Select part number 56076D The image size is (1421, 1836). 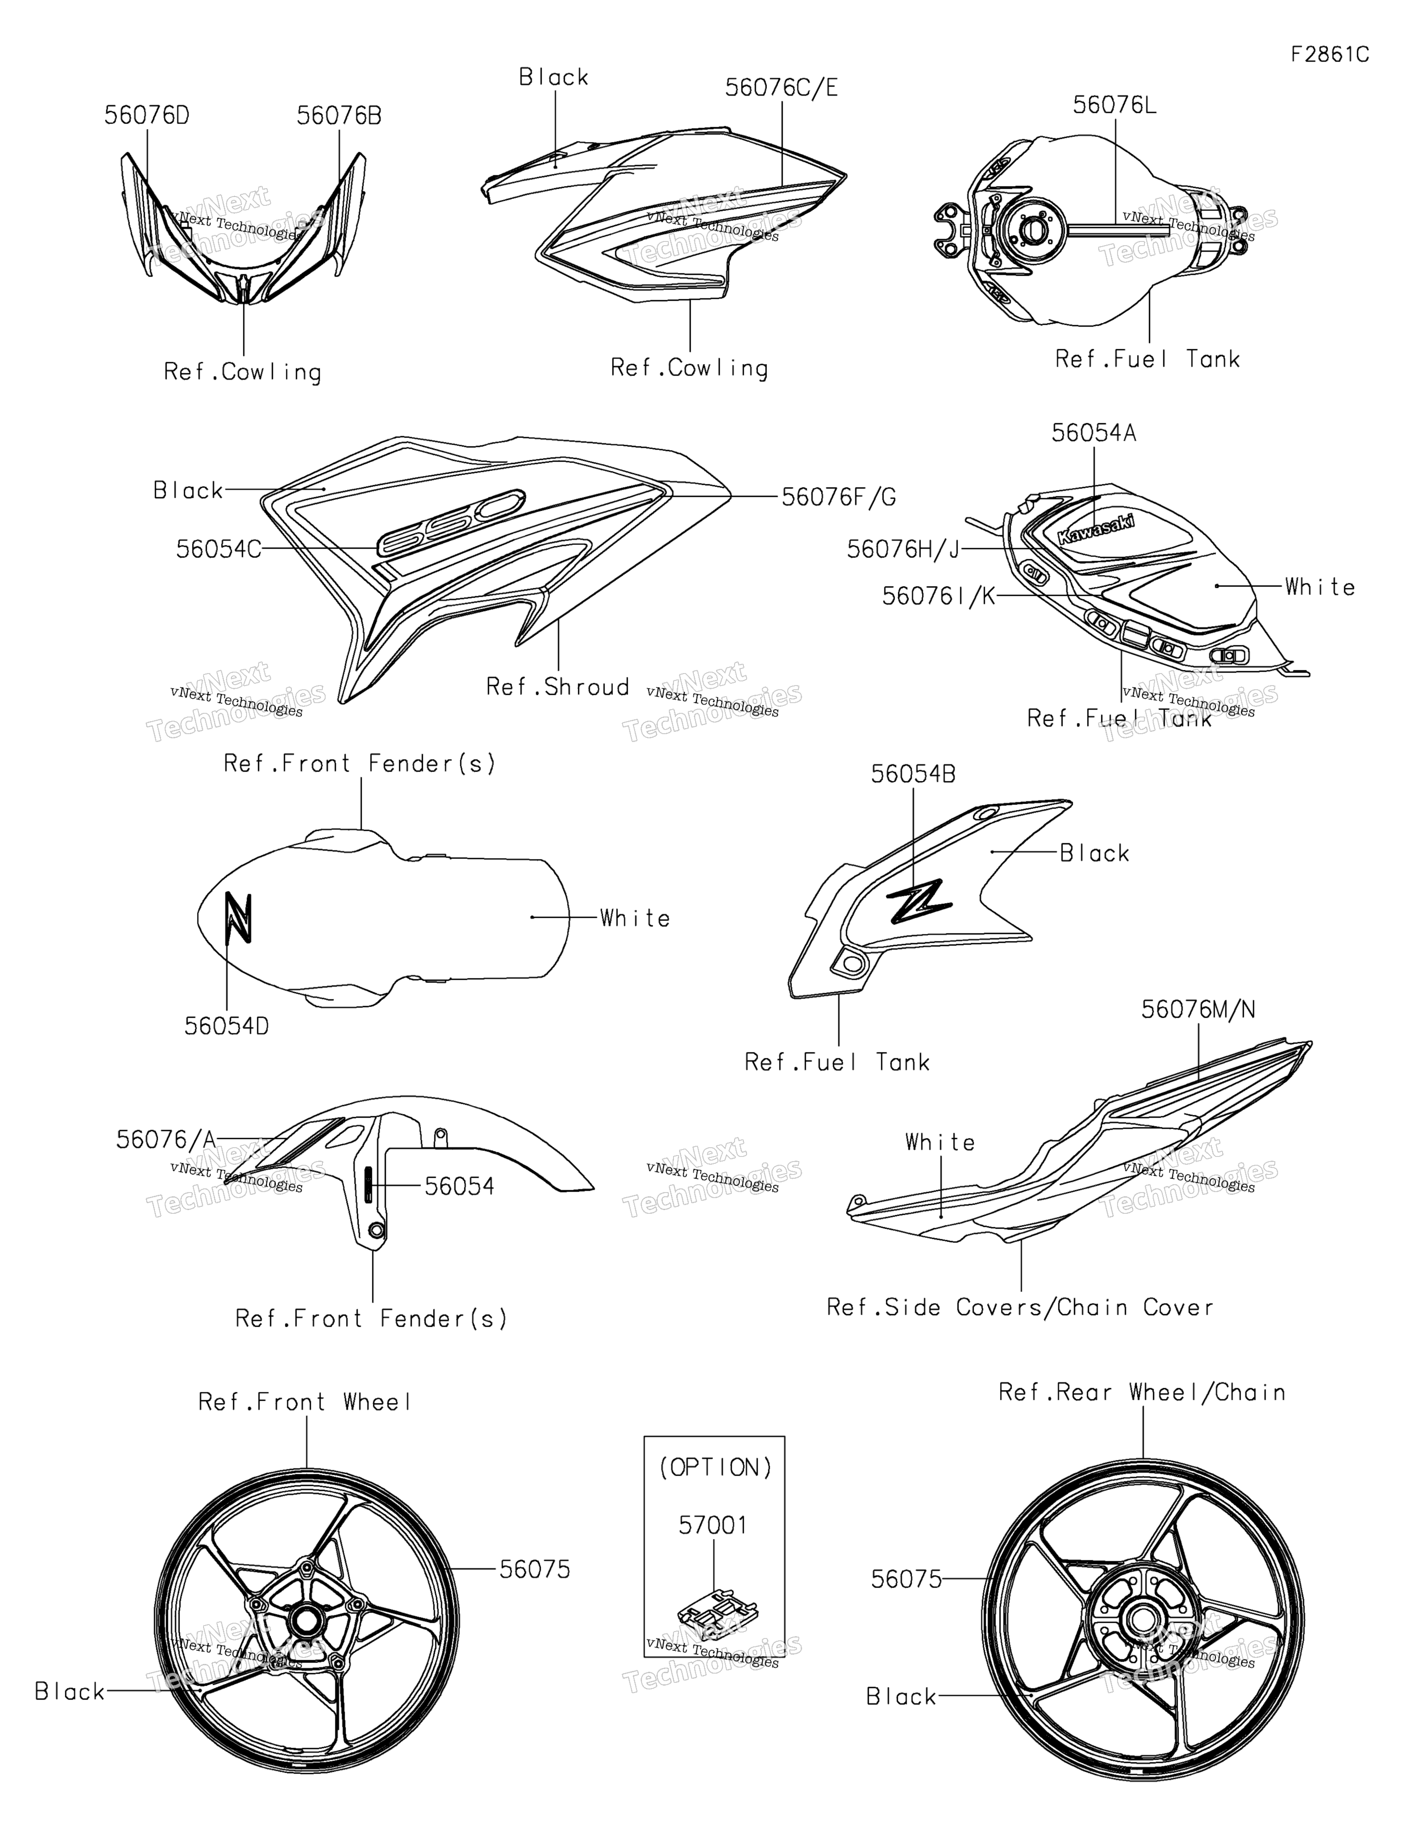coord(147,116)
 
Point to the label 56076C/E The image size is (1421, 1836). coord(781,87)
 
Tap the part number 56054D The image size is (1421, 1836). coord(227,1026)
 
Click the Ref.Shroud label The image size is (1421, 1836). coord(557,687)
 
